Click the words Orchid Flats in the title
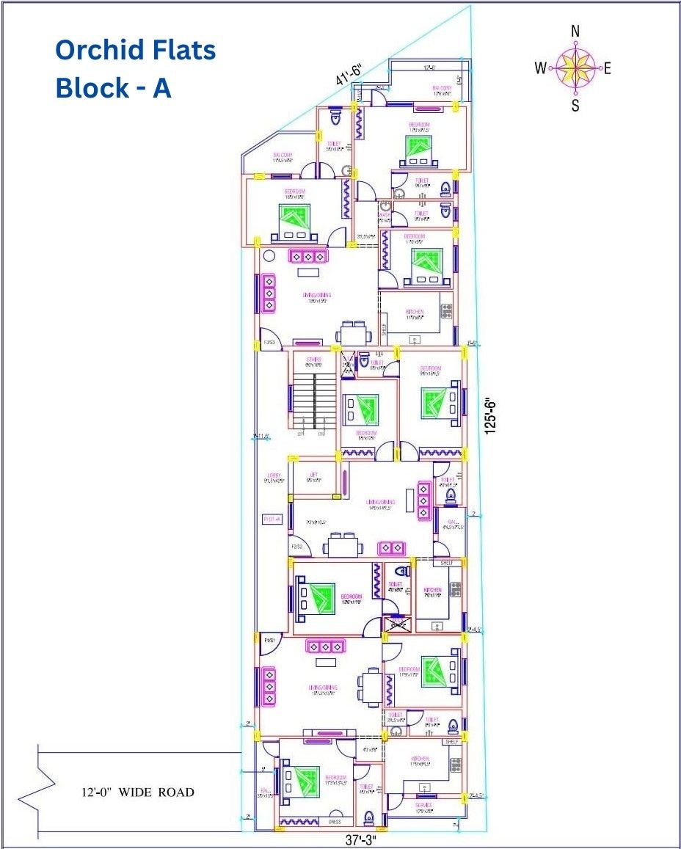(x=136, y=51)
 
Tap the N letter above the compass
(x=575, y=31)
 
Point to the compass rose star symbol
(x=576, y=68)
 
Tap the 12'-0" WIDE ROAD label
(x=137, y=792)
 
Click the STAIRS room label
(x=313, y=360)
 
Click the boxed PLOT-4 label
(x=272, y=519)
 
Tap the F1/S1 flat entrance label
(x=269, y=641)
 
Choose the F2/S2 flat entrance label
(x=297, y=547)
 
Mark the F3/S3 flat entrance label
(x=269, y=343)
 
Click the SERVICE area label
(x=424, y=806)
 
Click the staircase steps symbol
(x=314, y=400)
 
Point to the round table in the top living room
(x=269, y=257)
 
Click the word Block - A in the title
(x=113, y=88)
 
